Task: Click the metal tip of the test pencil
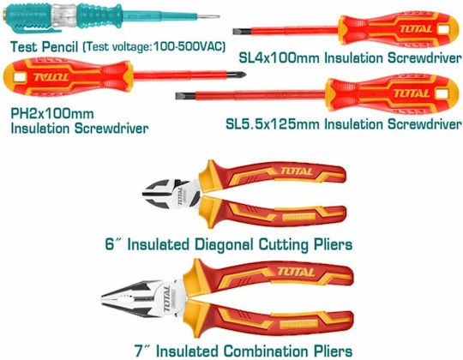point(208,16)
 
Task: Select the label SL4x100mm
point(279,57)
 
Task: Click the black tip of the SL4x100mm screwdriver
point(242,31)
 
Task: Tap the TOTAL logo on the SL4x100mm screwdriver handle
point(416,29)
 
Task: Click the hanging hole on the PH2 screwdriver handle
point(20,77)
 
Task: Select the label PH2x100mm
point(52,114)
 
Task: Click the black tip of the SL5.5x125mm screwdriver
point(185,96)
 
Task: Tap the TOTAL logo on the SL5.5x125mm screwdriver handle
point(412,93)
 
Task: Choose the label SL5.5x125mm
point(273,124)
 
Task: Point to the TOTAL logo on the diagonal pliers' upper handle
point(296,171)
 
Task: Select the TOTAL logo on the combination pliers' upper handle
point(296,272)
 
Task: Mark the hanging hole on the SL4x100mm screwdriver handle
point(444,29)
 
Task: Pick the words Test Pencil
point(45,47)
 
